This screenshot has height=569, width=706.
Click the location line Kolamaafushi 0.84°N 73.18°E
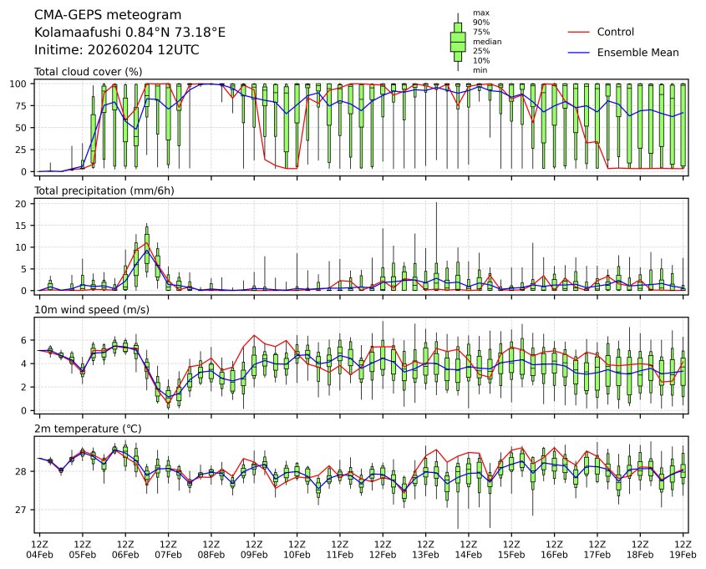(130, 33)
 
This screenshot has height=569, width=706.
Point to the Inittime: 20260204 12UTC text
(116, 49)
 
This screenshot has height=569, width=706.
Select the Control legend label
(615, 33)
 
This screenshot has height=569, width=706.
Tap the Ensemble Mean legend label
(637, 53)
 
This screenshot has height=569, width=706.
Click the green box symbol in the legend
(457, 42)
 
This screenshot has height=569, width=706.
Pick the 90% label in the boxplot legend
(480, 22)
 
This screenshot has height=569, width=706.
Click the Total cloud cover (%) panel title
(88, 72)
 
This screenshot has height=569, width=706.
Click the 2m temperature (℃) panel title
(88, 429)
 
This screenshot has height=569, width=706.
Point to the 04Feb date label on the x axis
(39, 554)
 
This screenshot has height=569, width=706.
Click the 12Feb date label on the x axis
(383, 554)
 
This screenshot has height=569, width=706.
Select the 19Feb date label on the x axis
(683, 554)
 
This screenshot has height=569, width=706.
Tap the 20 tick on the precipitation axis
(25, 203)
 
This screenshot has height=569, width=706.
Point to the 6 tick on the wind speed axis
(28, 341)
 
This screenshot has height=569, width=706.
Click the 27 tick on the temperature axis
(25, 510)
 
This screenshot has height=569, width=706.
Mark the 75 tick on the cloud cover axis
(25, 105)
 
